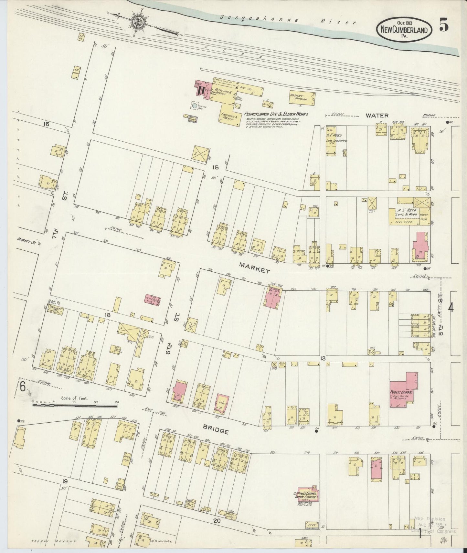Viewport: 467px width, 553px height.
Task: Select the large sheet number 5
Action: (x=443, y=26)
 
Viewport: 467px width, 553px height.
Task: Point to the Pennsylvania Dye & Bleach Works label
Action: (x=276, y=114)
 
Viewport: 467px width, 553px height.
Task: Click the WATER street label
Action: (x=377, y=115)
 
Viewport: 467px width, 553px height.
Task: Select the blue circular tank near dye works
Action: (x=194, y=106)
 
